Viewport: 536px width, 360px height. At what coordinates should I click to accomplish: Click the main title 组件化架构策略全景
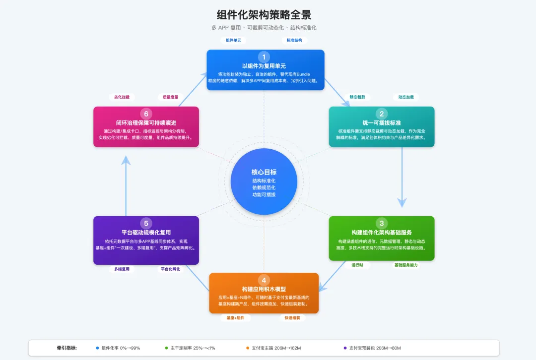coord(264,15)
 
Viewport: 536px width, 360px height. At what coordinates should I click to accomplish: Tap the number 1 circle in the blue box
coord(264,57)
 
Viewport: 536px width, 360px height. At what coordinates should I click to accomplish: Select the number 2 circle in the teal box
coord(382,114)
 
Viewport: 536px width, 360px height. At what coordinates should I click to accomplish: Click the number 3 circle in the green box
coord(382,223)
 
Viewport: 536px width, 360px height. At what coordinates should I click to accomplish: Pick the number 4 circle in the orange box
coord(264,280)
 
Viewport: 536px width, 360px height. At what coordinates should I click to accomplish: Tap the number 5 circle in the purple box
coord(146,223)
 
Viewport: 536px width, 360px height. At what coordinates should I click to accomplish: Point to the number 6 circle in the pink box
coord(146,114)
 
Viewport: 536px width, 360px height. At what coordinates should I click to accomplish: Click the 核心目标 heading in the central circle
coord(264,172)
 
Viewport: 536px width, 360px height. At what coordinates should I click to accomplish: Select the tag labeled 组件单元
coord(233,40)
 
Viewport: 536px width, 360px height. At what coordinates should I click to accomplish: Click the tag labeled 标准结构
coord(294,40)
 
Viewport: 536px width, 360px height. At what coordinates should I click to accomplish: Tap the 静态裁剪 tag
coord(357,97)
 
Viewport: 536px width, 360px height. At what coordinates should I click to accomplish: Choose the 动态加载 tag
coord(406,97)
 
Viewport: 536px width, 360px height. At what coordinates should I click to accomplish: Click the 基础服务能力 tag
coord(406,265)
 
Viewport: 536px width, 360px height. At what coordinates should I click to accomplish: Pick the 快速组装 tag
coord(292,318)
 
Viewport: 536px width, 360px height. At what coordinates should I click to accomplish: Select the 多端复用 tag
coord(122,269)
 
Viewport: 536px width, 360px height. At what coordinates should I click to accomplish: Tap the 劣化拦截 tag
coord(122,97)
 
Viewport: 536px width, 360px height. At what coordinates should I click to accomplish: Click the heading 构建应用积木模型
coord(264,289)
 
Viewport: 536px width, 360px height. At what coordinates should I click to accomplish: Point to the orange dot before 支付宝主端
coord(247,348)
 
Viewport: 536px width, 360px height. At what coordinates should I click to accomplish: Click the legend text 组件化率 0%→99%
coord(121,348)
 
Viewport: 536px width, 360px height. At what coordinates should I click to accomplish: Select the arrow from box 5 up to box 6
coord(126,186)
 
